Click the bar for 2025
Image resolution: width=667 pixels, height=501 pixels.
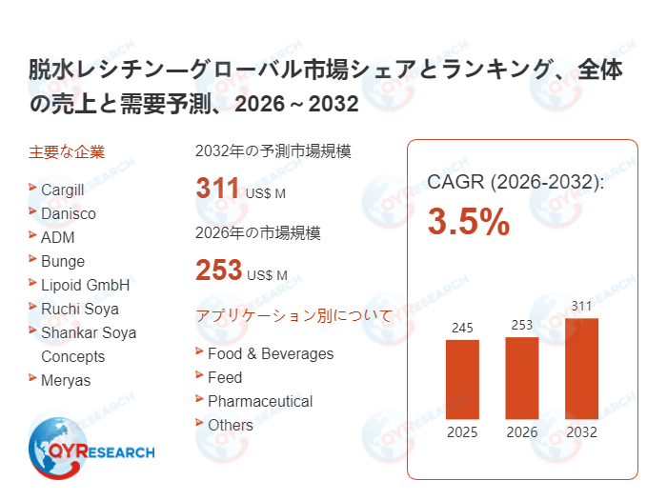click(x=462, y=379)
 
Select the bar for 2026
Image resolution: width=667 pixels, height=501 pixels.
click(x=521, y=378)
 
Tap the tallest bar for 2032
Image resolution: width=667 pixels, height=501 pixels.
click(x=581, y=369)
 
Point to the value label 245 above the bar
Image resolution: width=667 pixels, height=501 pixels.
click(x=462, y=328)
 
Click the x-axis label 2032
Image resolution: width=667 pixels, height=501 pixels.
click(x=581, y=432)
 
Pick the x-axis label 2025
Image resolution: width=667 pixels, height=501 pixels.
click(x=462, y=432)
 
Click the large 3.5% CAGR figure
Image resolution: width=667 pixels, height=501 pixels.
click(x=468, y=222)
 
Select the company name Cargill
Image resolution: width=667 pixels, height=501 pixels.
click(x=63, y=190)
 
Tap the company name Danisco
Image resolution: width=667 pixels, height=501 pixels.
click(x=69, y=213)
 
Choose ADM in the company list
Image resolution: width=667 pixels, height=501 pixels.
click(x=57, y=237)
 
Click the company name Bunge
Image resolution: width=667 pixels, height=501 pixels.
click(x=63, y=261)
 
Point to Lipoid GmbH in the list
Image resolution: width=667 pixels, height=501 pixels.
click(x=85, y=285)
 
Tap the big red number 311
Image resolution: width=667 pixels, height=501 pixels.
click(x=217, y=189)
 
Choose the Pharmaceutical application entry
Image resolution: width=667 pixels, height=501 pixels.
click(x=260, y=401)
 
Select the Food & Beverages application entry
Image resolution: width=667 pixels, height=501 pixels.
click(x=271, y=353)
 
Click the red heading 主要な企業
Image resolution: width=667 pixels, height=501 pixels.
click(x=67, y=151)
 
